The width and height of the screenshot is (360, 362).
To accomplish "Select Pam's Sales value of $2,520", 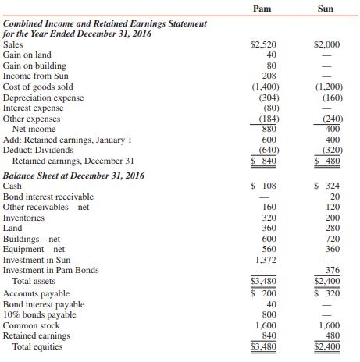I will coord(262,45).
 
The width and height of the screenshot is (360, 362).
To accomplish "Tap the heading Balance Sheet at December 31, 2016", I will coord(75,176).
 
